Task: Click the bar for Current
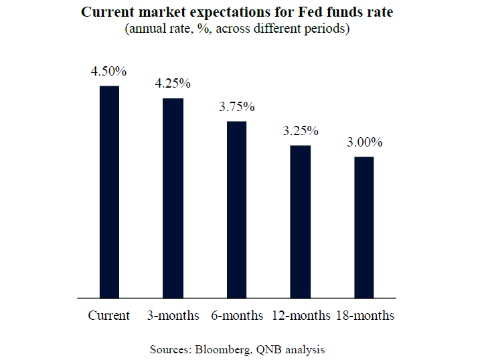pyautogui.click(x=109, y=191)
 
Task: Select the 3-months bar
pyautogui.click(x=173, y=197)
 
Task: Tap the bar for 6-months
pyautogui.click(x=237, y=209)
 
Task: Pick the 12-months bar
pyautogui.click(x=301, y=221)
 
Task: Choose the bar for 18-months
pyautogui.click(x=364, y=227)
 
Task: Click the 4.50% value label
pyautogui.click(x=109, y=71)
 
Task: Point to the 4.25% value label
pyautogui.click(x=173, y=84)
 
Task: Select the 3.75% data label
pyautogui.click(x=237, y=107)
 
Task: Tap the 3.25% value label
pyautogui.click(x=301, y=130)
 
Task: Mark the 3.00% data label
pyautogui.click(x=364, y=143)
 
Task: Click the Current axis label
pyautogui.click(x=109, y=316)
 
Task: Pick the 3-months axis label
pyautogui.click(x=173, y=316)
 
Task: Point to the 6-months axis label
pyautogui.click(x=237, y=316)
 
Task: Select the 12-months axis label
pyautogui.click(x=301, y=316)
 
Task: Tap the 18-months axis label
pyautogui.click(x=365, y=316)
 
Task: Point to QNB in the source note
pyautogui.click(x=267, y=349)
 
